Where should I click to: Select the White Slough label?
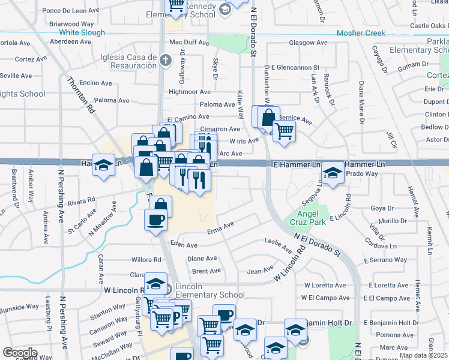click(x=83, y=32)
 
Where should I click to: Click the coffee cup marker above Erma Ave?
click(x=155, y=220)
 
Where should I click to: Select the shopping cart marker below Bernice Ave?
click(x=284, y=131)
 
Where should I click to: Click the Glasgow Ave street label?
click(x=308, y=43)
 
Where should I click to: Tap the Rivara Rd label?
click(x=82, y=203)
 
